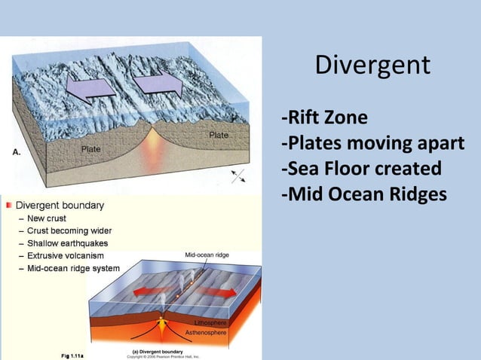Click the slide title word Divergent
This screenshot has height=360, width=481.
372,66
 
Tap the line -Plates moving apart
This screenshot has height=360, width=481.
372,143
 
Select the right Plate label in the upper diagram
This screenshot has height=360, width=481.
219,135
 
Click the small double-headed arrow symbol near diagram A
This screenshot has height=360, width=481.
238,176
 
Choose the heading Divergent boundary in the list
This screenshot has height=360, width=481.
60,205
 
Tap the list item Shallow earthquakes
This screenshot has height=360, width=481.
67,243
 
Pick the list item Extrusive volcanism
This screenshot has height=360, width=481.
66,255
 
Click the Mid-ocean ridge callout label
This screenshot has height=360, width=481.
207,256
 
